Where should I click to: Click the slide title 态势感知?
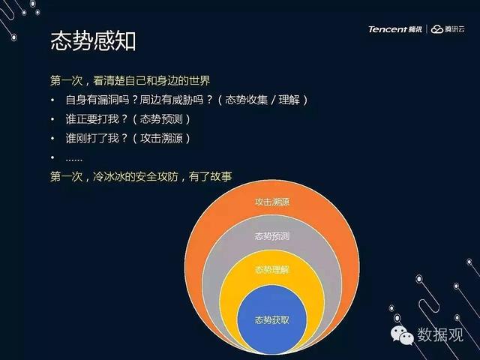(93, 41)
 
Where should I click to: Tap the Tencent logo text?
(388, 29)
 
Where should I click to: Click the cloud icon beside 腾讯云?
(437, 29)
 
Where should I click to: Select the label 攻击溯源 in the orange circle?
(271, 202)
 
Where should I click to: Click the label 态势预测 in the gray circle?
(271, 236)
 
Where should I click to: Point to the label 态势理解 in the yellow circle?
(271, 270)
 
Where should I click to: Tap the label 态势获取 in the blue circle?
(271, 320)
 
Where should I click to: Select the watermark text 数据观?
(440, 334)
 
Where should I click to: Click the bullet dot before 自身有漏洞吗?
(52, 100)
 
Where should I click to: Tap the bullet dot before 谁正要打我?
(52, 119)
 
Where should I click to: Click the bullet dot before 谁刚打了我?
(52, 138)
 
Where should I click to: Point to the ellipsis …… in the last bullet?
(73, 160)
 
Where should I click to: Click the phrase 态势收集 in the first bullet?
(246, 100)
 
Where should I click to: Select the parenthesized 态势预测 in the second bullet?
(161, 119)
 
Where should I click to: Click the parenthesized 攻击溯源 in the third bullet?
(161, 138)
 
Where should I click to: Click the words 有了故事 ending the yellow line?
(210, 177)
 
